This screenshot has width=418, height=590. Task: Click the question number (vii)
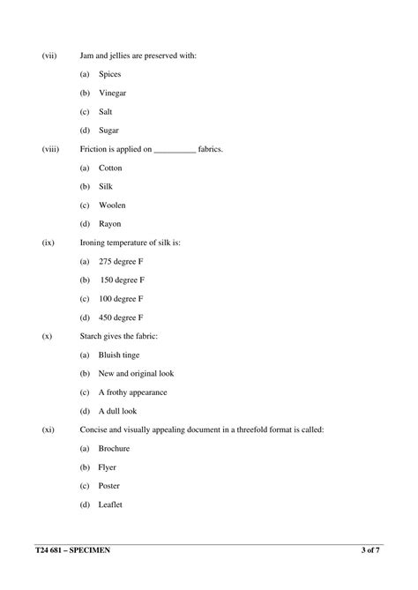[49, 56]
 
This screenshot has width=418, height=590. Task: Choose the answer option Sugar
[108, 131]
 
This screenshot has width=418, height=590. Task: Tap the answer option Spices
[110, 74]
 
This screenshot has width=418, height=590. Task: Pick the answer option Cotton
[110, 168]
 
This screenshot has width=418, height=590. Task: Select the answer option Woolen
[112, 205]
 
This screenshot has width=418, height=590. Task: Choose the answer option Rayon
[110, 224]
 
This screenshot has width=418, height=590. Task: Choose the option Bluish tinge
[122, 355]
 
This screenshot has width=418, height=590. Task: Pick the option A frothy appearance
[132, 392]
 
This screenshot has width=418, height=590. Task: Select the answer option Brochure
[114, 448]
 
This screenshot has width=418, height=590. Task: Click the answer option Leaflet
[110, 504]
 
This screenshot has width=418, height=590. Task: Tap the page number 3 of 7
[370, 551]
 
